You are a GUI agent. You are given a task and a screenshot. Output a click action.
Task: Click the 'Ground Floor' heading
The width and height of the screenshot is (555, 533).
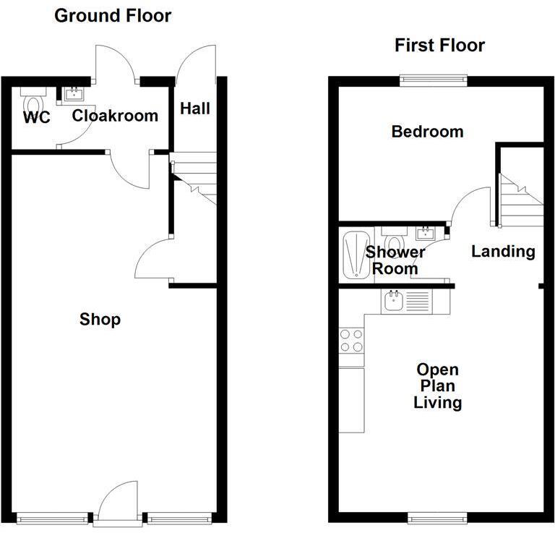[x=113, y=15]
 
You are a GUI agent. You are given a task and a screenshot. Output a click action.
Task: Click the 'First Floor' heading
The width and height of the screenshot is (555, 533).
[x=439, y=46]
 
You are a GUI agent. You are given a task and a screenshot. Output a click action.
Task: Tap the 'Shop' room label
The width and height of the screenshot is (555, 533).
[x=100, y=319]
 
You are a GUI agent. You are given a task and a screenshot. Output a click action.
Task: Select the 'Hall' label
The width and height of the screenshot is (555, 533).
[x=195, y=108]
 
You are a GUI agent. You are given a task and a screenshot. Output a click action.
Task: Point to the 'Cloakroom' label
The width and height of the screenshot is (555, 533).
[x=115, y=116]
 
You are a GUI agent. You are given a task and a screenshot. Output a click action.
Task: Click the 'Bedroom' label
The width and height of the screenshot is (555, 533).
[x=427, y=132]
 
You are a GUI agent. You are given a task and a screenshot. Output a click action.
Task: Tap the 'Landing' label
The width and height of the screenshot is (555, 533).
[x=503, y=252]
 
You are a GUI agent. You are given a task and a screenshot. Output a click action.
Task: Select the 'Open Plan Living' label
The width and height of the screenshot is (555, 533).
[x=438, y=386]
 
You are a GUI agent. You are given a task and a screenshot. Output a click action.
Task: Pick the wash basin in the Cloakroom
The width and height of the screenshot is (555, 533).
[x=73, y=93]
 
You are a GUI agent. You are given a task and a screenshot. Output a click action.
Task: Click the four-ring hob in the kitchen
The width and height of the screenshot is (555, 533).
[x=351, y=340]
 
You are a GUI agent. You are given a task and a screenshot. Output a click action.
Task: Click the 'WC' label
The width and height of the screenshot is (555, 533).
[x=36, y=117]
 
